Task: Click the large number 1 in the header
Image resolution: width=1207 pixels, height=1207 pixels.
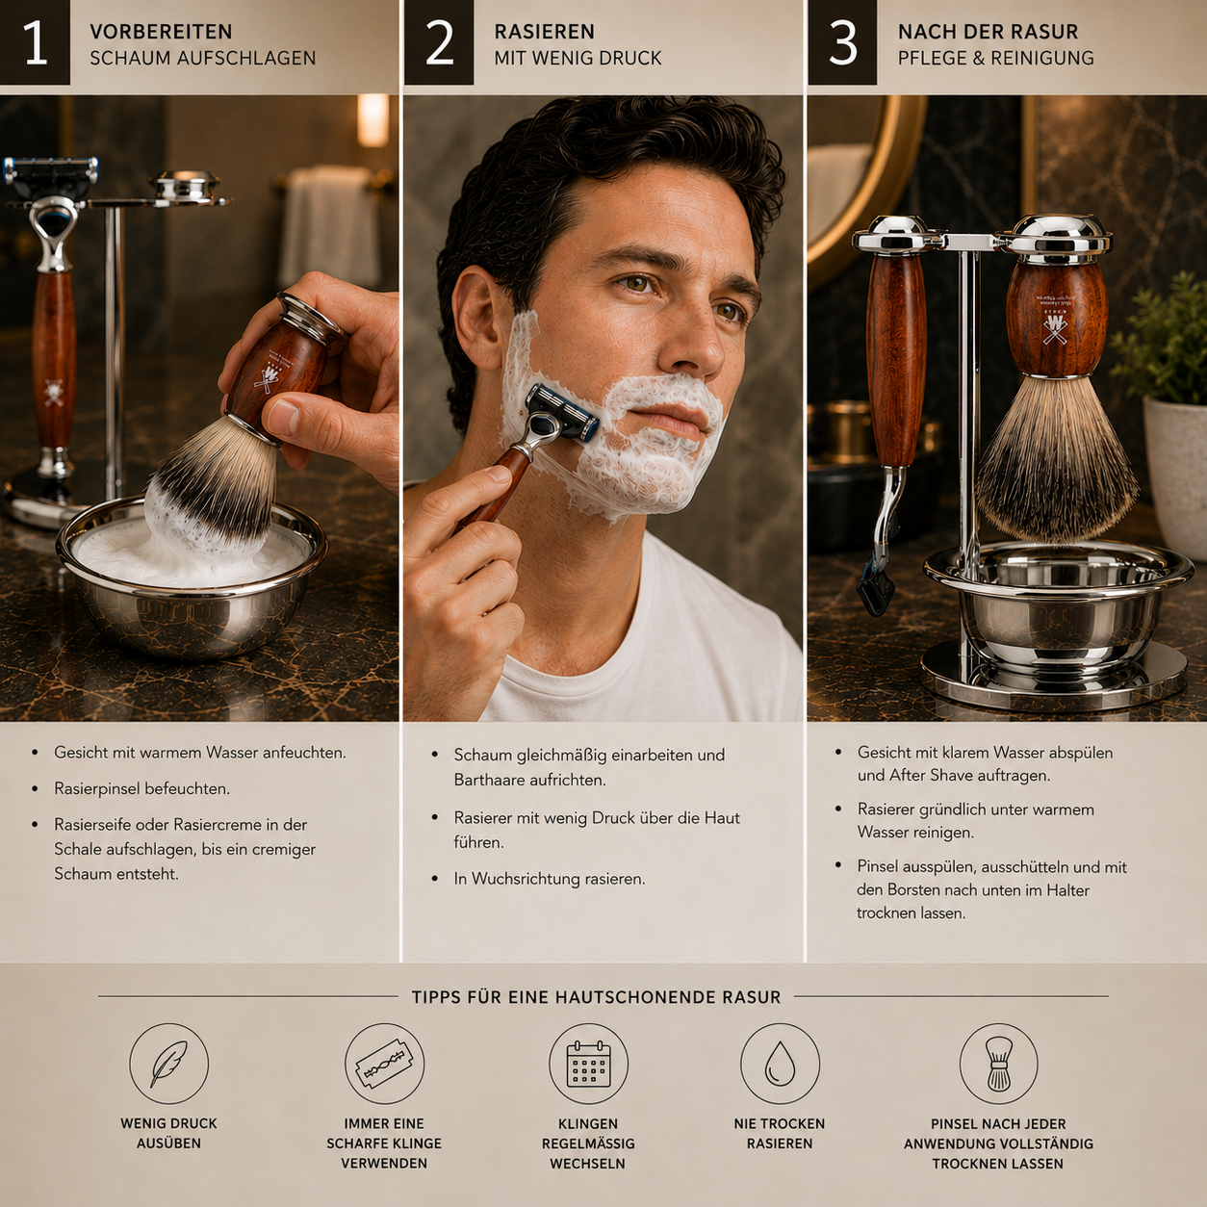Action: pyautogui.click(x=35, y=42)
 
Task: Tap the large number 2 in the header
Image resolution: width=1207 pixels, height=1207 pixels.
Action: pyautogui.click(x=439, y=42)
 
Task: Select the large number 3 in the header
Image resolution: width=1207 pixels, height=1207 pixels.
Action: pyautogui.click(x=842, y=42)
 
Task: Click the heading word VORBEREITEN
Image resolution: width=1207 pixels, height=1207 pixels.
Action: pyautogui.click(x=161, y=32)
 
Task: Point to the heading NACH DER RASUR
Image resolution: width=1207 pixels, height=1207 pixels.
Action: pyautogui.click(x=988, y=32)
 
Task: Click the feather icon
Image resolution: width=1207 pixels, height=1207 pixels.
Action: pyautogui.click(x=169, y=1064)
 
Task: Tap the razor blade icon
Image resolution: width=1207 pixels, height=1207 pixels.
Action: pyautogui.click(x=384, y=1064)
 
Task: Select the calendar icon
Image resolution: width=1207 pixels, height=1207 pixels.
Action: pyautogui.click(x=588, y=1064)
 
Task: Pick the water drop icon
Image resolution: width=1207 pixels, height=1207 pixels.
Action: pyautogui.click(x=780, y=1064)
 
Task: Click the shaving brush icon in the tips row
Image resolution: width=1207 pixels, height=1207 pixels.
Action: pyautogui.click(x=998, y=1064)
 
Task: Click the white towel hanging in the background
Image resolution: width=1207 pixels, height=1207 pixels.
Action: pyautogui.click(x=330, y=225)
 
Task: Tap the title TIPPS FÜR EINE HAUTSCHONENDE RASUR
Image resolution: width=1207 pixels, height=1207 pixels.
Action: pyautogui.click(x=597, y=997)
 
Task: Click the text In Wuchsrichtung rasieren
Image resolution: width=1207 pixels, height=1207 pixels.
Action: pyautogui.click(x=550, y=879)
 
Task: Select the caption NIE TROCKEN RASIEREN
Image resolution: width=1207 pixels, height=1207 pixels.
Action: pyautogui.click(x=780, y=1133)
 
